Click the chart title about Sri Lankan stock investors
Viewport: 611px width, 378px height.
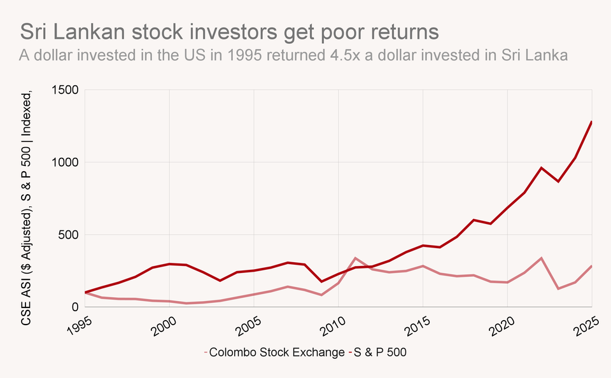click(x=230, y=31)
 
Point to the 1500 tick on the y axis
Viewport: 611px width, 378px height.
click(x=65, y=90)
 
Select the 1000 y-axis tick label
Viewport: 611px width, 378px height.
click(x=65, y=162)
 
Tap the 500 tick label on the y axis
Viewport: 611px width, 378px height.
click(x=68, y=235)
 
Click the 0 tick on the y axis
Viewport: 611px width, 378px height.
click(x=74, y=307)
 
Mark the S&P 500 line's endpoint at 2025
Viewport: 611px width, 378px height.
click(x=591, y=122)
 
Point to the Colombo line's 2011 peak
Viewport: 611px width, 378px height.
click(x=355, y=258)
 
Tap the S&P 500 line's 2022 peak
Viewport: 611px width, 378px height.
click(x=541, y=168)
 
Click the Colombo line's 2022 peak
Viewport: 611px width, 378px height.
click(x=541, y=258)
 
